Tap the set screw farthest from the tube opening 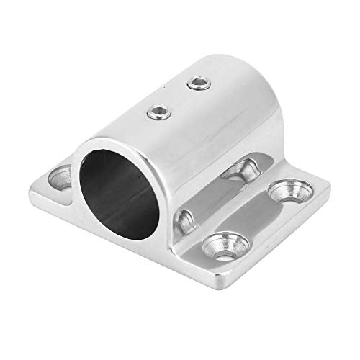click(x=197, y=86)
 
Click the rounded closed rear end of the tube click(x=248, y=108)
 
